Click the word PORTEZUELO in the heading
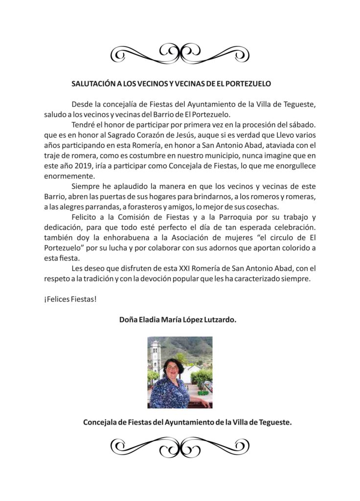pyautogui.click(x=247, y=84)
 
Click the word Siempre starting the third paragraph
pyautogui.click(x=87, y=186)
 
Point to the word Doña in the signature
pyautogui.click(x=129, y=320)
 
